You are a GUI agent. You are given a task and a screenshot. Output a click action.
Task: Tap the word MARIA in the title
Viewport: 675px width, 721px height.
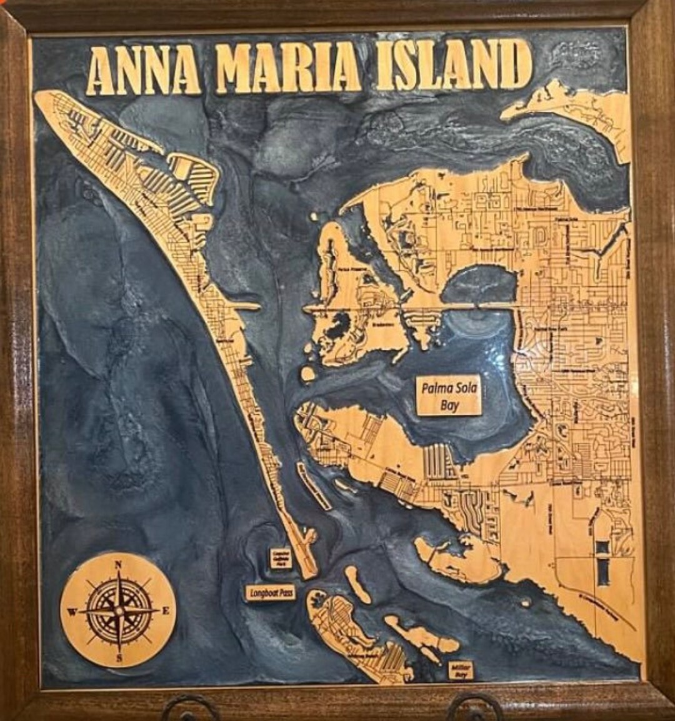click(x=287, y=67)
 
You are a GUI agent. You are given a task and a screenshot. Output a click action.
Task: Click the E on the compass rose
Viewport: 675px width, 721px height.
click(x=166, y=611)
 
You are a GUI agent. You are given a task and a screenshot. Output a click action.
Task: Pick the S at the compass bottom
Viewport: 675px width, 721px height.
click(x=118, y=657)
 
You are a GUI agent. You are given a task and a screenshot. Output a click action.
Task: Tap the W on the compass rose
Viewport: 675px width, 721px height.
click(x=71, y=612)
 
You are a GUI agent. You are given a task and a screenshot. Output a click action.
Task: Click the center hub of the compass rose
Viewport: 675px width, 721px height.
click(x=118, y=610)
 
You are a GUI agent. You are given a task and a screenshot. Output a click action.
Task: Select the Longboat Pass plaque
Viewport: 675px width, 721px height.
click(x=271, y=592)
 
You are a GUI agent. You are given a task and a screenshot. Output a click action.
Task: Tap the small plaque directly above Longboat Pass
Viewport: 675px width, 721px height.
click(x=281, y=558)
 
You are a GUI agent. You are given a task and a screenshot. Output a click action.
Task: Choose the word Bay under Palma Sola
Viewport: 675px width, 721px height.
click(x=449, y=405)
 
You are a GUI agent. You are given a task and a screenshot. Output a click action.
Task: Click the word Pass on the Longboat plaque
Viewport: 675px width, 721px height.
click(x=286, y=592)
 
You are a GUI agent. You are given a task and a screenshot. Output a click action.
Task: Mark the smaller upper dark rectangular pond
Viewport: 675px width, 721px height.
click(x=602, y=547)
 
